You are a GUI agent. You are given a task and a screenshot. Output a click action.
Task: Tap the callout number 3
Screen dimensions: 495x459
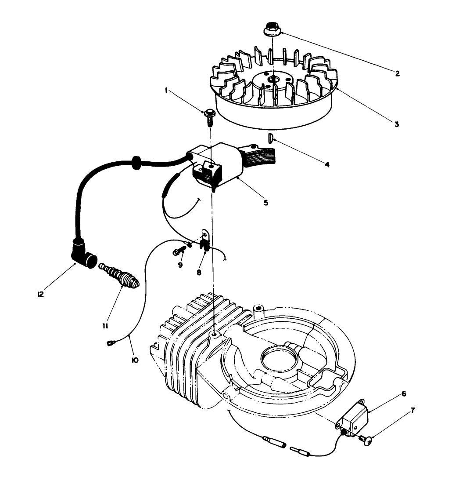pos(396,124)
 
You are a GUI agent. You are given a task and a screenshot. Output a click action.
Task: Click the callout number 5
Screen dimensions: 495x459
pos(265,203)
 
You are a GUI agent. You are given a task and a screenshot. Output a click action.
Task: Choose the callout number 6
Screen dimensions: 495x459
pos(403,394)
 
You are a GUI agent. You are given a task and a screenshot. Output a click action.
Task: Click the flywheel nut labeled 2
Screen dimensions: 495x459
pos(273,32)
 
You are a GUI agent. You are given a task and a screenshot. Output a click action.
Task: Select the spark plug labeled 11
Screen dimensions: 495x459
pos(121,278)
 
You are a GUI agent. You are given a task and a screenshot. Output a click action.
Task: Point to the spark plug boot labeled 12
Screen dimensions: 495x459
pos(84,255)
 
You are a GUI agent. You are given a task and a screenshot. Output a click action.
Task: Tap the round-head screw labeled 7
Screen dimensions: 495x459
pos(365,438)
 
